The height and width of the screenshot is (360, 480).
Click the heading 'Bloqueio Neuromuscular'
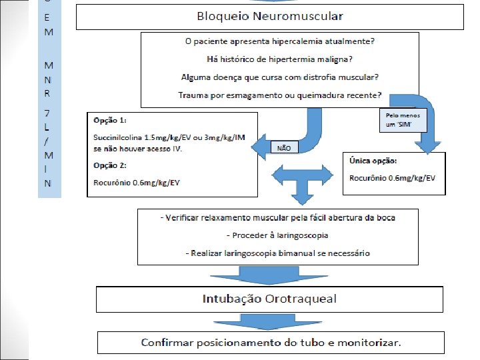269,15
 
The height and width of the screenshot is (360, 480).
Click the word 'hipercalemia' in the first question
296,41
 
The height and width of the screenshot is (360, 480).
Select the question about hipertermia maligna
279,59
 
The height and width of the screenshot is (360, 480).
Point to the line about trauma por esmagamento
279,94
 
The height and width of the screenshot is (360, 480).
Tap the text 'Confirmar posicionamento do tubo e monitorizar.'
271,343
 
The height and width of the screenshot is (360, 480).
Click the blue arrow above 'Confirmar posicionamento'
270,321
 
